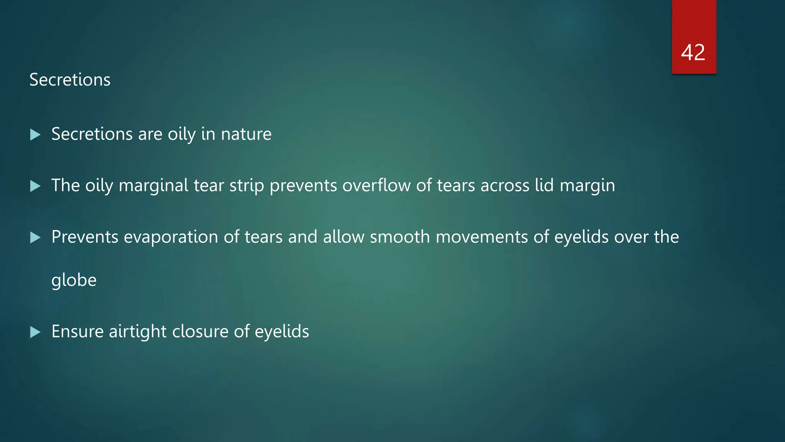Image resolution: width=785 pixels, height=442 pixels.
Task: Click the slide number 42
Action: click(693, 52)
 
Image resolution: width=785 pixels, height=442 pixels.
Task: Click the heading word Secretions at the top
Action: click(70, 80)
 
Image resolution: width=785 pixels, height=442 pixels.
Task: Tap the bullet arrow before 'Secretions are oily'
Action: click(35, 135)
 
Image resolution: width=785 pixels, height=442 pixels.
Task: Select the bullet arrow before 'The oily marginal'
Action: click(35, 186)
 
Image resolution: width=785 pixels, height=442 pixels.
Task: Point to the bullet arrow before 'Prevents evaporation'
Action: click(35, 237)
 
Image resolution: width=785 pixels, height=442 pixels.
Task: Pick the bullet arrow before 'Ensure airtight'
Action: click(35, 332)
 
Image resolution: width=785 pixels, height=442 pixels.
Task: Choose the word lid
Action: click(544, 185)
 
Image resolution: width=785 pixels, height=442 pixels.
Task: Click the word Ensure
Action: click(77, 331)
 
